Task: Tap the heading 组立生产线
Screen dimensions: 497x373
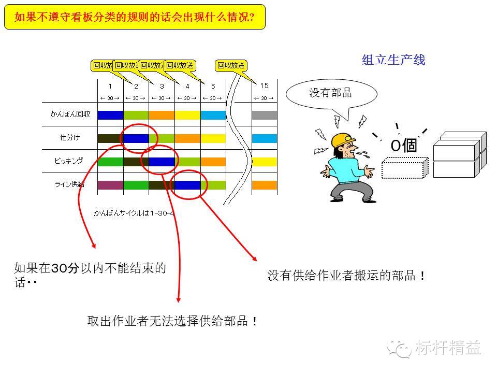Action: (393, 61)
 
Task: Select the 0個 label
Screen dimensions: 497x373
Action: (403, 146)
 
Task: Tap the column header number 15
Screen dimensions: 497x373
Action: (264, 86)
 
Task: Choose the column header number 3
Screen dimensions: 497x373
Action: (162, 87)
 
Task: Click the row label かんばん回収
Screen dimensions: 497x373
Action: (70, 114)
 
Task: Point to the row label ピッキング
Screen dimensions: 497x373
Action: (69, 161)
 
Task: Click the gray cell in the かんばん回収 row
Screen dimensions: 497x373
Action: (265, 115)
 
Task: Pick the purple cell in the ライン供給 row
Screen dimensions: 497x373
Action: (110, 185)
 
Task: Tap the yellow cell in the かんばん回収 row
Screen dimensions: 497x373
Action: (187, 115)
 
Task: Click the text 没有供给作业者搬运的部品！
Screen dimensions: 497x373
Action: (346, 276)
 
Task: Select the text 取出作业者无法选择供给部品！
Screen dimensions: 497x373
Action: (173, 321)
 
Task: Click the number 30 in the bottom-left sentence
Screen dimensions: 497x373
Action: (61, 268)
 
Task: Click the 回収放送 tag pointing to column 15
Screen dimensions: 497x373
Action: (230, 66)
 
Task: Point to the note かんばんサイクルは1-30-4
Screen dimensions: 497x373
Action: (134, 212)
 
